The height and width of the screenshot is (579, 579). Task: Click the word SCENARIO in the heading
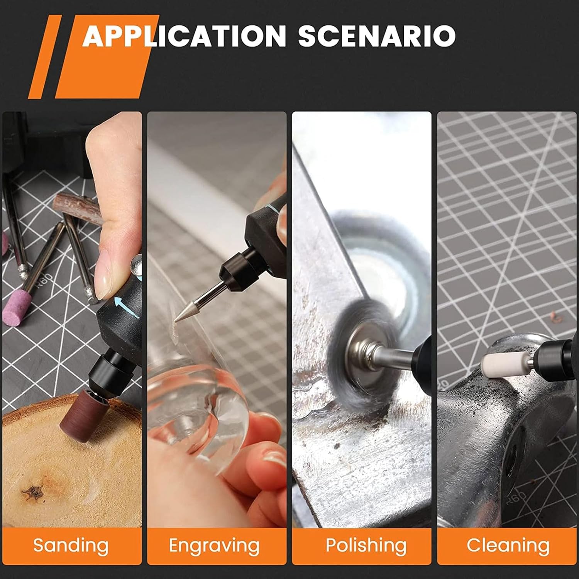point(377,36)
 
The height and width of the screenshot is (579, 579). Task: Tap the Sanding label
point(71,545)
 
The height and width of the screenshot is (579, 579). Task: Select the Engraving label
point(214,545)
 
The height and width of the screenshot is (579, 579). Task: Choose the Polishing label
point(366,545)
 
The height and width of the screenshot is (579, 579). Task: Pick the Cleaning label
point(508,545)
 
